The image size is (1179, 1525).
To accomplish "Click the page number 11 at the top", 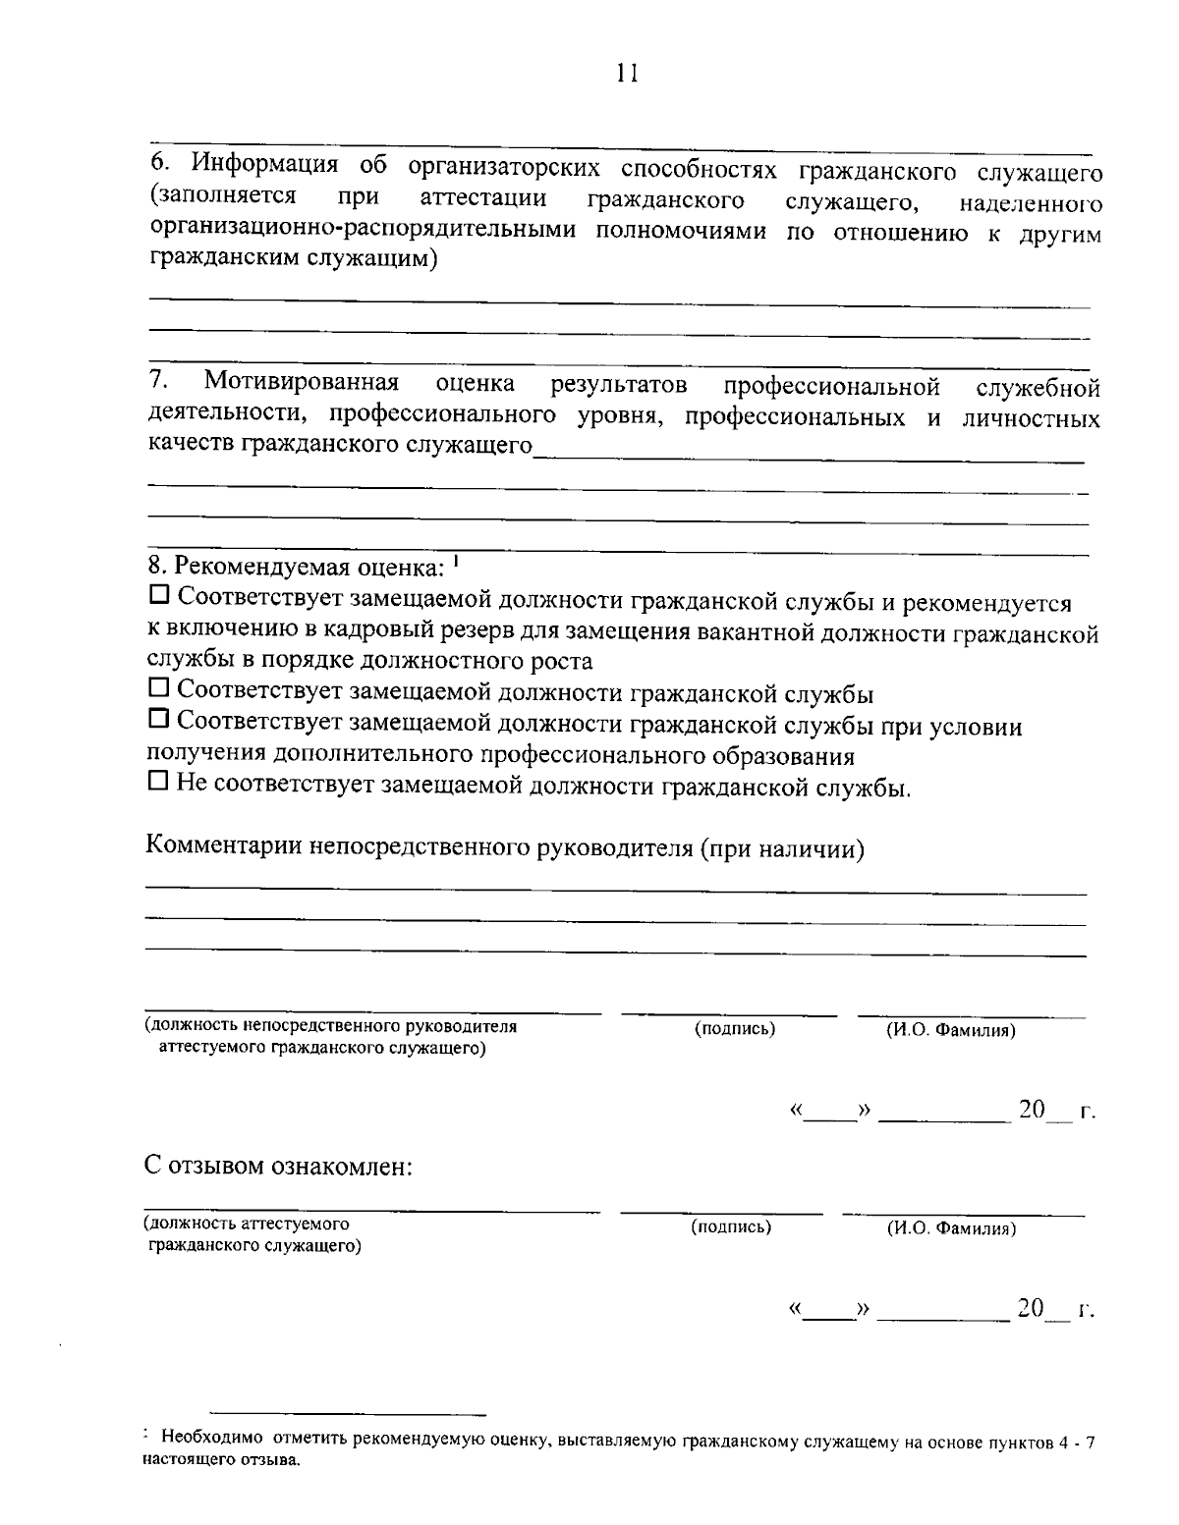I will pos(627,75).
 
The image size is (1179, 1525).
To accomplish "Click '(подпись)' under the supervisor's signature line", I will pos(735,1029).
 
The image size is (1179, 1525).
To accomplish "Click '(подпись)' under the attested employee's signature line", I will pos(731,1226).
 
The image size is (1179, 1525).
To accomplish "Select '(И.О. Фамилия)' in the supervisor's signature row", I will pos(950,1030).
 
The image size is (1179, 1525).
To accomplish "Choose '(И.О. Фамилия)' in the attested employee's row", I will pos(950,1227).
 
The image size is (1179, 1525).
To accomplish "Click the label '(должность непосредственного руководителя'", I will pos(331,1027).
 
